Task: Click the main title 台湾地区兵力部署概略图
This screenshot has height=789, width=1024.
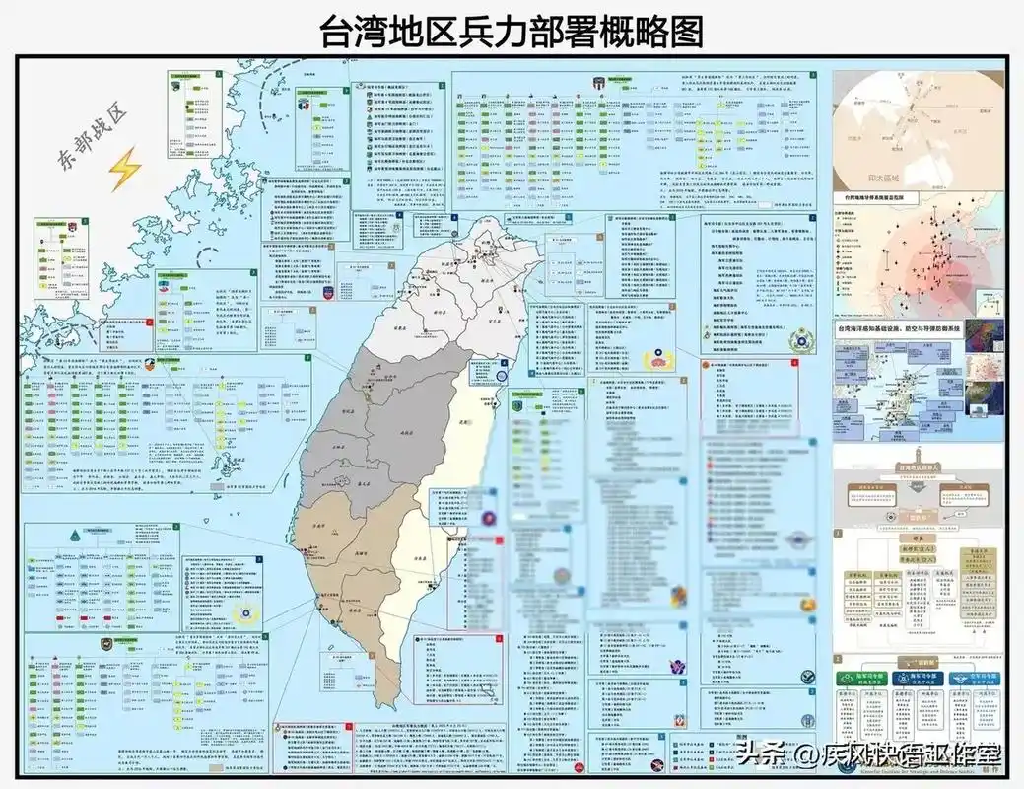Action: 512,33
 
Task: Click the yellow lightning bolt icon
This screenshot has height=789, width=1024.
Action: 125,170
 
